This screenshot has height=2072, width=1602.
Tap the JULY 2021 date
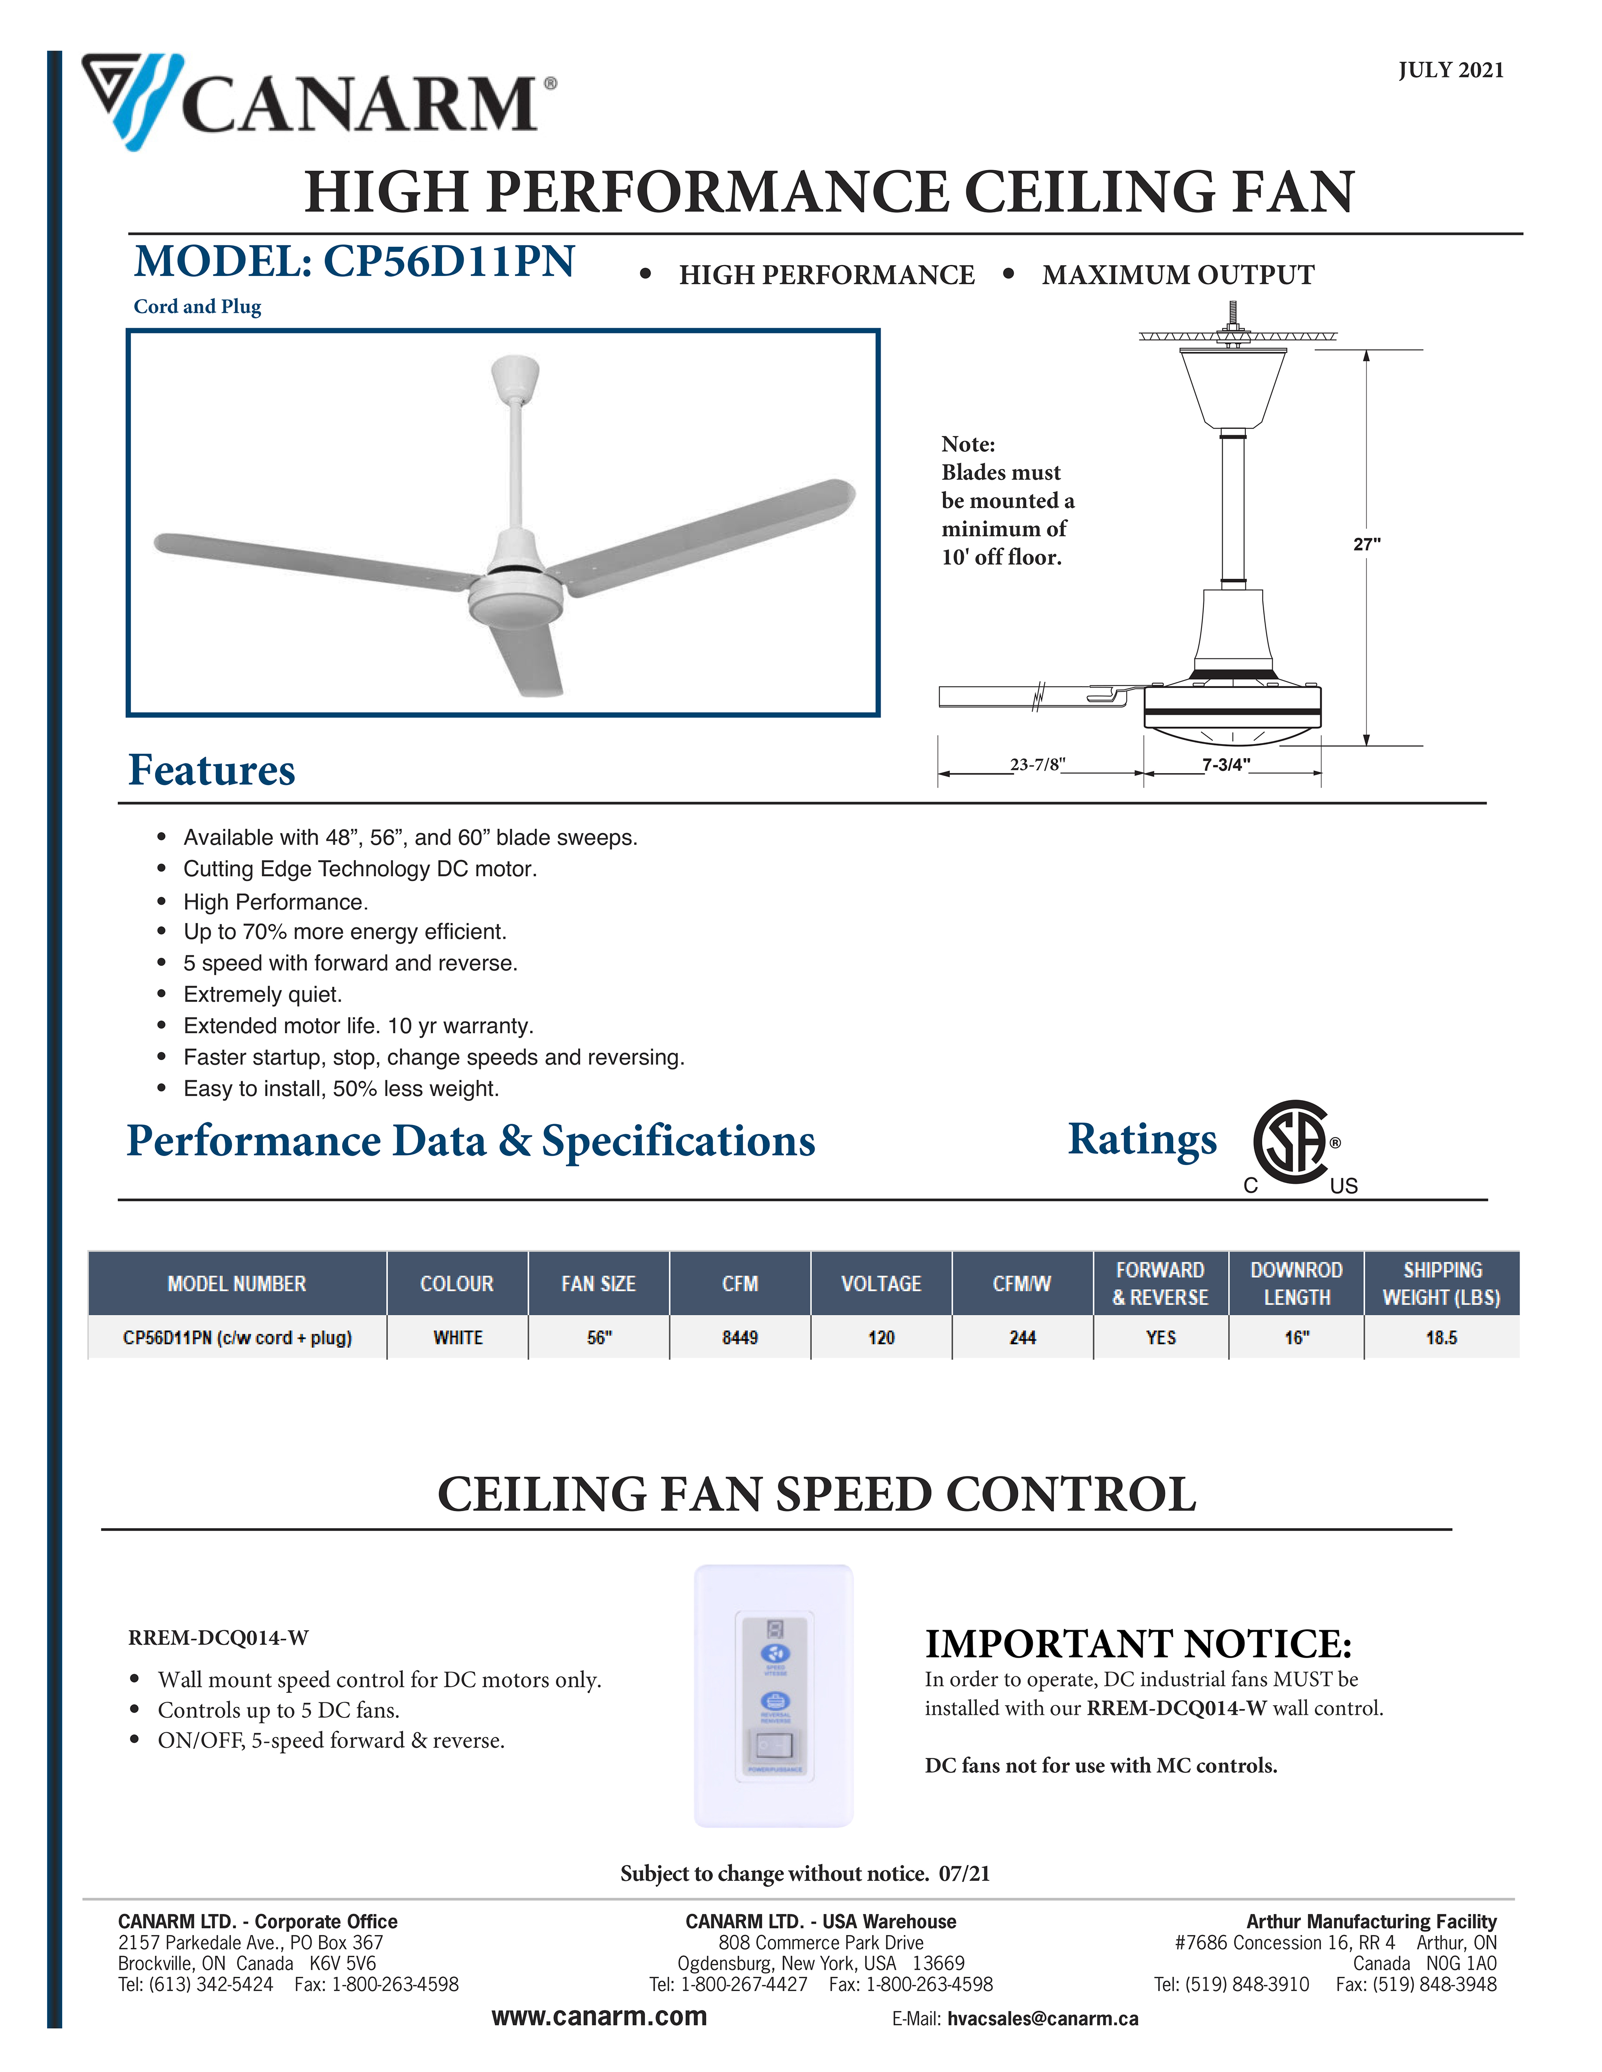coord(1450,70)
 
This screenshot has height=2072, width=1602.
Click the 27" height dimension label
coord(1366,543)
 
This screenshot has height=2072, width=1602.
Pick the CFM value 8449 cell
coord(739,1338)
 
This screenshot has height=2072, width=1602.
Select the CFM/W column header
coord(1022,1284)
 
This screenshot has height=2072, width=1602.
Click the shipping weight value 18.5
coord(1441,1338)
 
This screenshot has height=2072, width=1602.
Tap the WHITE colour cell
coord(458,1338)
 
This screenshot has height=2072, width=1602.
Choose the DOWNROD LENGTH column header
coord(1296,1284)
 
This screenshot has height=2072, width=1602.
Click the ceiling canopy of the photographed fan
coord(515,377)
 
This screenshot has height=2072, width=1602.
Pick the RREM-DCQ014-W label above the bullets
coord(218,1637)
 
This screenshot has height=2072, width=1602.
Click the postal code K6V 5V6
coord(343,1963)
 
